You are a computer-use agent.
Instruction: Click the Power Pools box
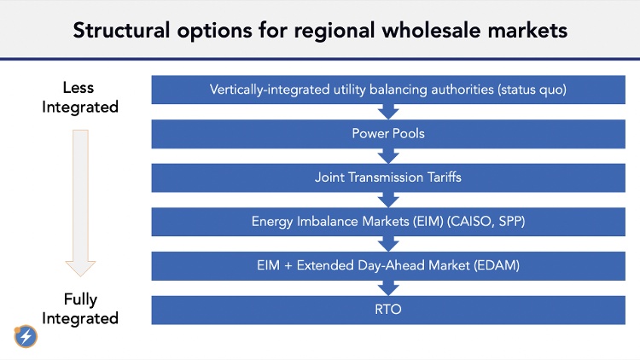(x=388, y=134)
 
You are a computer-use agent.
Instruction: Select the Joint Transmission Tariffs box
(x=388, y=178)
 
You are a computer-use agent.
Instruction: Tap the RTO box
(x=388, y=311)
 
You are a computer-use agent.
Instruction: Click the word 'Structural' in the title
(x=121, y=31)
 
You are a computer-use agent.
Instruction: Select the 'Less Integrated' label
(x=80, y=97)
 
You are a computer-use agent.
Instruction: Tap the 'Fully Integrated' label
(x=80, y=309)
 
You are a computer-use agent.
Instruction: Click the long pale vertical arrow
(x=80, y=203)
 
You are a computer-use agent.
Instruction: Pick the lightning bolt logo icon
(x=26, y=336)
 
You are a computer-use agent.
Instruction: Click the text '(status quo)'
(x=532, y=90)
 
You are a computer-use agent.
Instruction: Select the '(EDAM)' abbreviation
(x=497, y=265)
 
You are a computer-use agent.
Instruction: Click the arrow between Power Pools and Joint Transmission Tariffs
(x=388, y=156)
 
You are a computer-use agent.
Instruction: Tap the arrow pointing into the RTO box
(x=388, y=288)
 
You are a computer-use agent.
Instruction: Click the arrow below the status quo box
(x=388, y=112)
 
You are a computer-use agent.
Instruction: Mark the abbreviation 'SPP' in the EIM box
(x=511, y=221)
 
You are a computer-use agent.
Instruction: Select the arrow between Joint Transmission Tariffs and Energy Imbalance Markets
(x=388, y=200)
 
